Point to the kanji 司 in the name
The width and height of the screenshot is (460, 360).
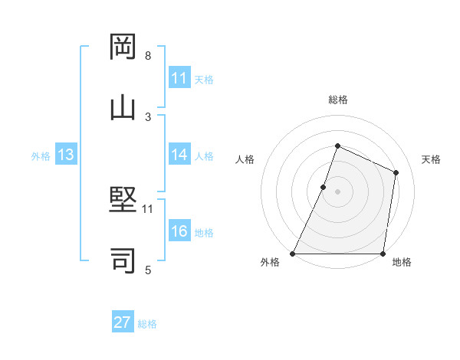(123, 260)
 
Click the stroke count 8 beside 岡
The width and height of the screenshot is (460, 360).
(147, 56)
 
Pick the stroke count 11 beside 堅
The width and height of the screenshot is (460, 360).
(148, 208)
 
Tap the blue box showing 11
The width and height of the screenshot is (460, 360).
(179, 78)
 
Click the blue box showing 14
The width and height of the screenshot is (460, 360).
(179, 155)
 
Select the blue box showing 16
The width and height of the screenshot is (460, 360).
(179, 231)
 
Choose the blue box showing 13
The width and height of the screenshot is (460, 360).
(66, 155)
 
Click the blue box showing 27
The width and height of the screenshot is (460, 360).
(123, 322)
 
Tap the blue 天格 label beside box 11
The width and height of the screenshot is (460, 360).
(204, 79)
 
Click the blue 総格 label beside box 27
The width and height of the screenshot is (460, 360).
(147, 323)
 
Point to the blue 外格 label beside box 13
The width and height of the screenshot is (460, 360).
(41, 155)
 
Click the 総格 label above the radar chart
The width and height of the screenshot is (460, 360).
(337, 100)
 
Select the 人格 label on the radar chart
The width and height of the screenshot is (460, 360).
(245, 159)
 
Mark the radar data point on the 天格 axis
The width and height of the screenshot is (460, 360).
(396, 172)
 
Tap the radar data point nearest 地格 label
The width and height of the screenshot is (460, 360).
(383, 254)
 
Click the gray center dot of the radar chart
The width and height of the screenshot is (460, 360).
(337, 191)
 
